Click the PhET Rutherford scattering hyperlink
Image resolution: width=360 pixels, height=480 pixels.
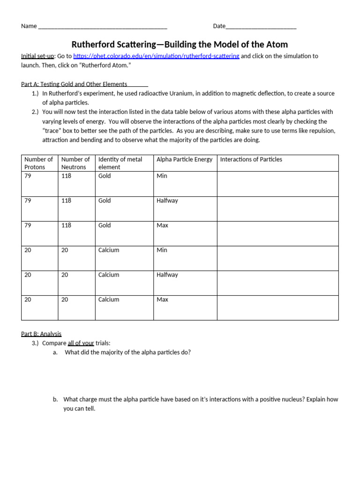pyautogui.click(x=156, y=56)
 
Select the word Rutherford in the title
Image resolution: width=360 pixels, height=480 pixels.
pyautogui.click(x=96, y=45)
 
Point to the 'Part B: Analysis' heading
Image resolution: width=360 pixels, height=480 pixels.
pyautogui.click(x=41, y=334)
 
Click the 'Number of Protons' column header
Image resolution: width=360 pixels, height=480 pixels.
pyautogui.click(x=39, y=163)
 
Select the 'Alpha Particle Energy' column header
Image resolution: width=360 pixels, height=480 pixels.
pyautogui.click(x=184, y=159)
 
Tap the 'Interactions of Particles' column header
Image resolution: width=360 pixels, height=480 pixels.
pyautogui.click(x=251, y=159)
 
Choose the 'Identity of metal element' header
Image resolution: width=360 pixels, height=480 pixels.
pyautogui.click(x=120, y=163)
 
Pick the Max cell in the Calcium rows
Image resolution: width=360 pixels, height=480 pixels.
pyautogui.click(x=162, y=300)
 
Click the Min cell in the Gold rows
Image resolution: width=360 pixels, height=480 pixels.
pyautogui.click(x=162, y=176)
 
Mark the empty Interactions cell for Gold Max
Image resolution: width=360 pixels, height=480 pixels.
pyautogui.click(x=277, y=233)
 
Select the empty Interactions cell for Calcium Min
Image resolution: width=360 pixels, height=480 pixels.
pyautogui.click(x=277, y=258)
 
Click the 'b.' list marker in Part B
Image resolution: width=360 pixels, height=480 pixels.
pyautogui.click(x=55, y=399)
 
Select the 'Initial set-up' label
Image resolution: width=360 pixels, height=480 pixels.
pyautogui.click(x=37, y=56)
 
